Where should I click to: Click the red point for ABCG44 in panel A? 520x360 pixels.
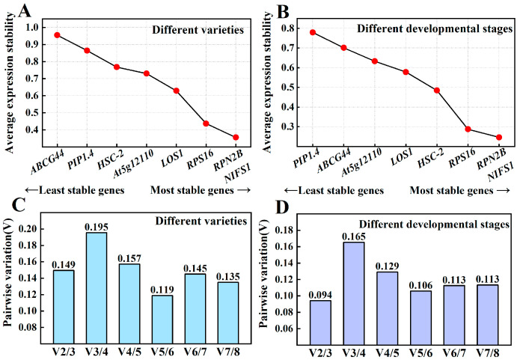pos(57,35)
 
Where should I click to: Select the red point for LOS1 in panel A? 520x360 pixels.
pos(176,91)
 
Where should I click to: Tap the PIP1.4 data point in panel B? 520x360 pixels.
pos(313,32)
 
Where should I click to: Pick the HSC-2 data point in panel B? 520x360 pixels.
pos(437,91)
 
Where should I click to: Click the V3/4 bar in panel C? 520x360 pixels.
pos(97,287)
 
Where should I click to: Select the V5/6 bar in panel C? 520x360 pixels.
pos(162,319)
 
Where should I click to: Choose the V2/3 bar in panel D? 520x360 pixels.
pos(320,323)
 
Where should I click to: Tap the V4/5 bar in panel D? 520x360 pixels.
pos(388,308)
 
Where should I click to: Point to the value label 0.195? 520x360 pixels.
pos(97,227)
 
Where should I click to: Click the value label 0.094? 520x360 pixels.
pos(320,295)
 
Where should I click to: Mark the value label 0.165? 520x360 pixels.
pos(354,237)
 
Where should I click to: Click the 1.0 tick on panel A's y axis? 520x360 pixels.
pos(32,27)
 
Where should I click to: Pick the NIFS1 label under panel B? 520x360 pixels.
pos(501,173)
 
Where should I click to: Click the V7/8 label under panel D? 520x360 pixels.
pos(487,352)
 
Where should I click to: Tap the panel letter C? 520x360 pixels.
pos(19,205)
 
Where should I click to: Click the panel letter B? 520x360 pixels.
pos(283,11)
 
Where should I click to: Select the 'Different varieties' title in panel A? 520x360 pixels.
pos(198,30)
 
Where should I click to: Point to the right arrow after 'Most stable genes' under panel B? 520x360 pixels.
pos(503,190)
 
